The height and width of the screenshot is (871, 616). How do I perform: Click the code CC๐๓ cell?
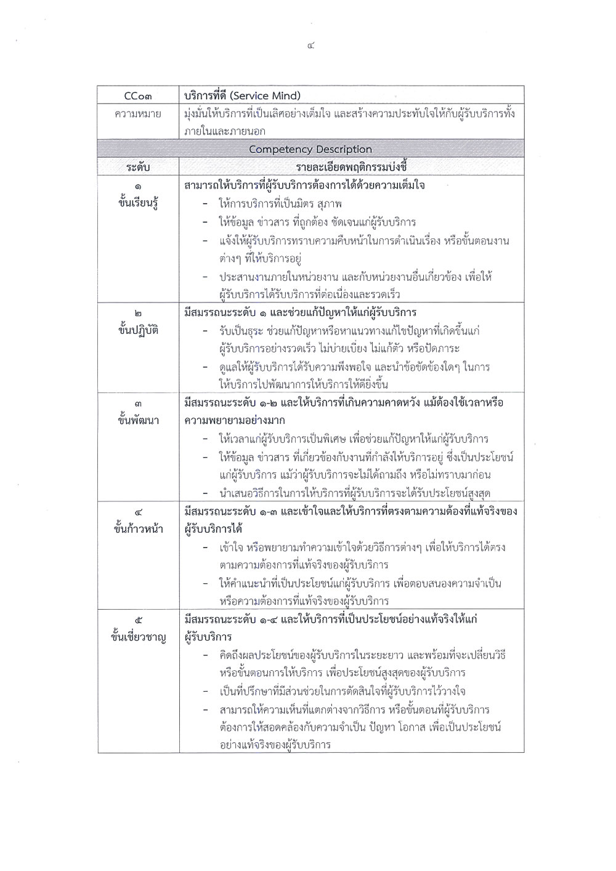click(138, 96)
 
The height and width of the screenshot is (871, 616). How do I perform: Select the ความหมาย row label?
click(138, 114)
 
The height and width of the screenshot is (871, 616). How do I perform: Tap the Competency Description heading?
click(310, 149)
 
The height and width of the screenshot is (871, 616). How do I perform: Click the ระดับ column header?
click(138, 167)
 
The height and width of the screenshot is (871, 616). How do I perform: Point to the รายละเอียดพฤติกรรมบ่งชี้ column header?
click(351, 167)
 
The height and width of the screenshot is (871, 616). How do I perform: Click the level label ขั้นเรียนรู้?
click(138, 204)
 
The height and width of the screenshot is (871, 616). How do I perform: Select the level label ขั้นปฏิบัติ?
click(138, 330)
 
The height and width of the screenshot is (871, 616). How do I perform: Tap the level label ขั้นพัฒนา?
click(138, 420)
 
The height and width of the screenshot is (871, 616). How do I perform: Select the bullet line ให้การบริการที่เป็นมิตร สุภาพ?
click(280, 203)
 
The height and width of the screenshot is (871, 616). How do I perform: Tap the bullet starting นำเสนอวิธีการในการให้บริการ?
click(358, 493)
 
